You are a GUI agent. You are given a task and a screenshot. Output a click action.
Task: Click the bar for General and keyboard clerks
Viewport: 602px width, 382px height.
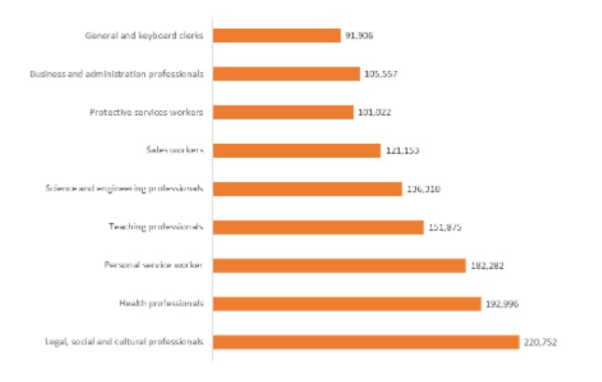[x=276, y=35]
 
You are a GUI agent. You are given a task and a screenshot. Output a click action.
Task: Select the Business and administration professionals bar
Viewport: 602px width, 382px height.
[x=286, y=74]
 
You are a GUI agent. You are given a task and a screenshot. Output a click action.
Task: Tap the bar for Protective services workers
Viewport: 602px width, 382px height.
[x=283, y=112]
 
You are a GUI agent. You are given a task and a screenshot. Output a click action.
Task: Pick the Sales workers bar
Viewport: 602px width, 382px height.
[x=296, y=150]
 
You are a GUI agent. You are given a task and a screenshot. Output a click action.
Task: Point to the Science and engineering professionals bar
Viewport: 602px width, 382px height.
[x=308, y=189]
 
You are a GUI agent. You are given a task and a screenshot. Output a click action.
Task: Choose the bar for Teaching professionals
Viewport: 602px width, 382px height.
[x=318, y=227]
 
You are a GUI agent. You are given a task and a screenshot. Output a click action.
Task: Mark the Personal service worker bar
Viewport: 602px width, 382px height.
[x=339, y=265]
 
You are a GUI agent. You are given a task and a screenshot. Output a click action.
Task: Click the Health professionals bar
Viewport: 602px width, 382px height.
[x=346, y=304]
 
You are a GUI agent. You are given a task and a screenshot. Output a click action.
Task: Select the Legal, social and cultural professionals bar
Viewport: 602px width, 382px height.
[x=365, y=342]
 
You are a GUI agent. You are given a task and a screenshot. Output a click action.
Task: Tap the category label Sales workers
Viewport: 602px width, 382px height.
[x=175, y=150]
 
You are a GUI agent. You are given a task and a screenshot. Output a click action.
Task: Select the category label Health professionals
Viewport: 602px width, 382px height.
[x=161, y=304]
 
